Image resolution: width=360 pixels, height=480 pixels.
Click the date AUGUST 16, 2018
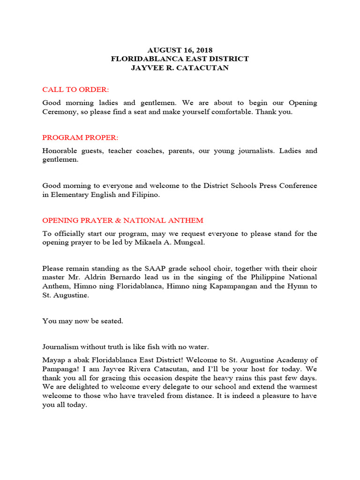[x=180, y=50]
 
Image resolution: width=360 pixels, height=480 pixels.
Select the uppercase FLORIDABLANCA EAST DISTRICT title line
[x=180, y=59]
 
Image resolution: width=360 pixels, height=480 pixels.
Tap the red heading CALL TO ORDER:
[x=75, y=90]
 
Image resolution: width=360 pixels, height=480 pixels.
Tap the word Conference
[x=296, y=186]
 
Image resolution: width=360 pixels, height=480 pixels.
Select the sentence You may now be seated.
[x=83, y=321]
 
